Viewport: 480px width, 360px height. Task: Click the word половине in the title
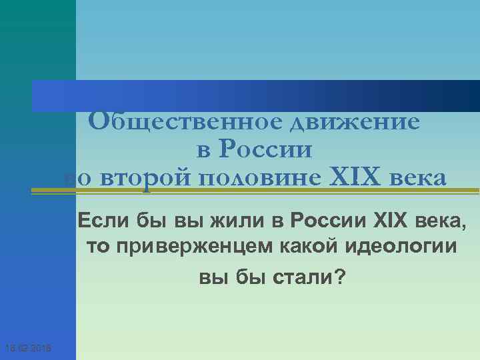(251, 179)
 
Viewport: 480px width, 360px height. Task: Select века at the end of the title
(419, 179)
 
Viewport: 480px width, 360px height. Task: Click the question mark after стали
(341, 276)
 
